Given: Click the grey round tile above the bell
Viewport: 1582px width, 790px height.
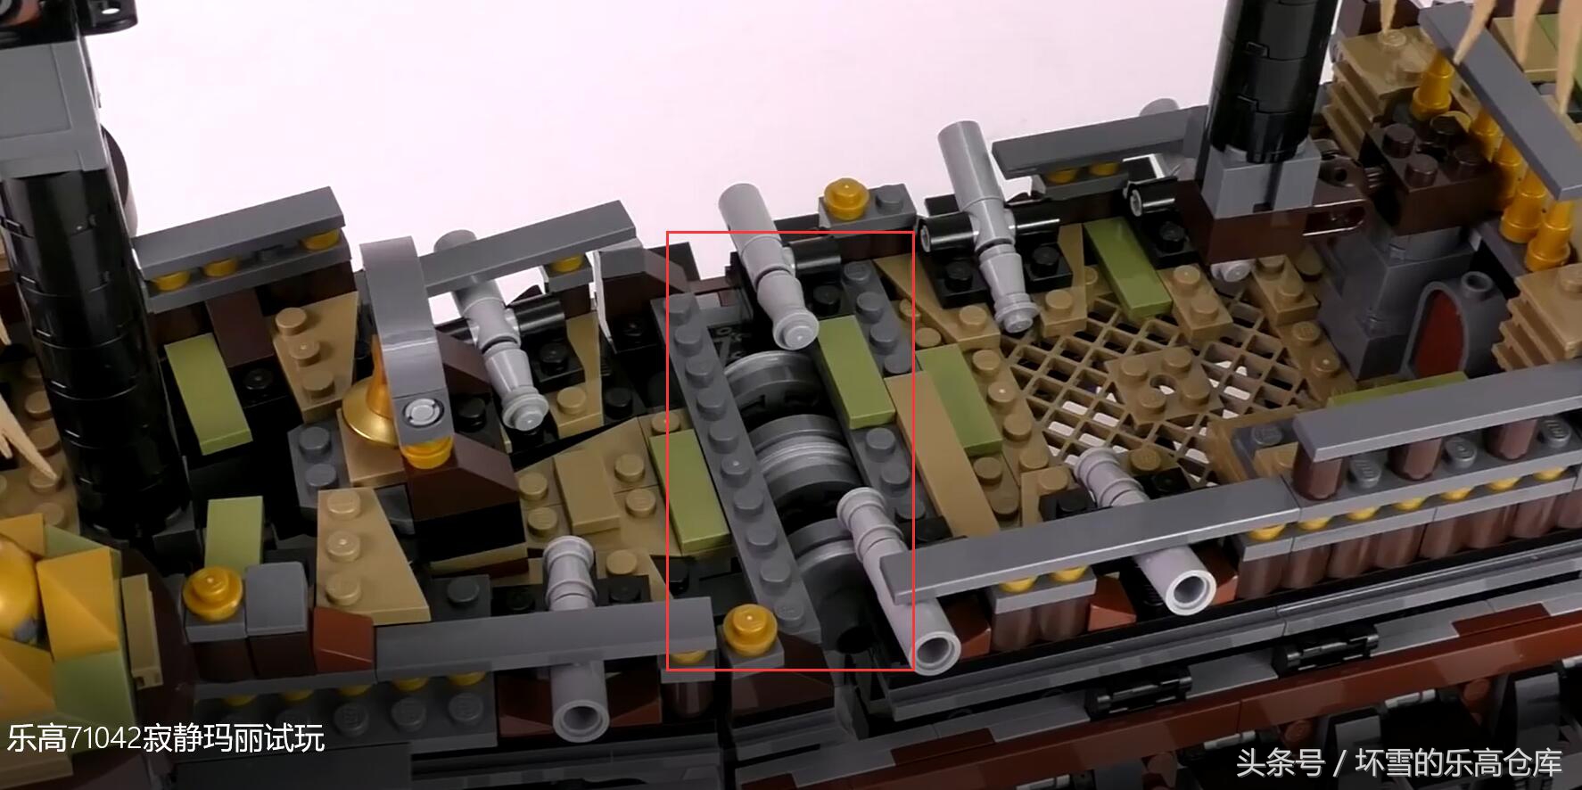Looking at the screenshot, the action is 423,413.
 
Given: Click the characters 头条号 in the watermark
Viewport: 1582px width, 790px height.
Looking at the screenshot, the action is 1280,763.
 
